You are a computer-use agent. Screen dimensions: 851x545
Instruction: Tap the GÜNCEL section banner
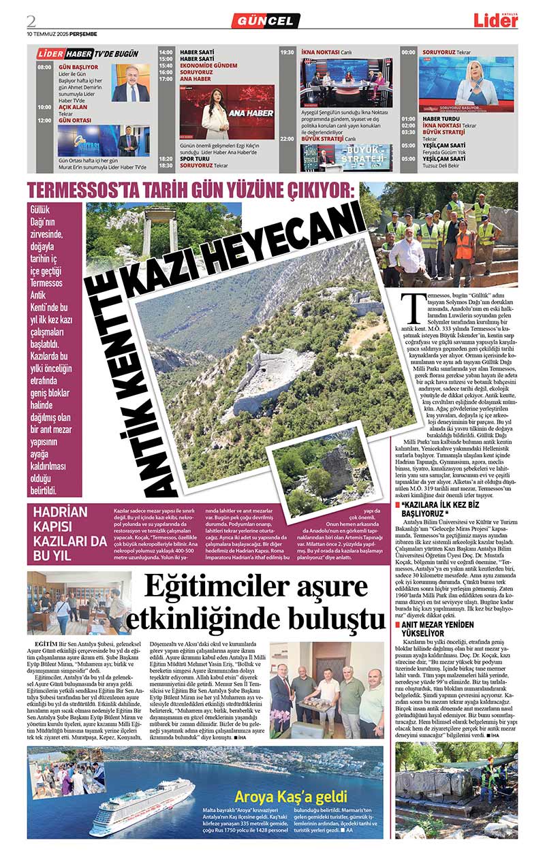click(x=266, y=21)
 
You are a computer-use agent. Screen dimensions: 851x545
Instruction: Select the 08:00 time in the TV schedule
click(x=44, y=67)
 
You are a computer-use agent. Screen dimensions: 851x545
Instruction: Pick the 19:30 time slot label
click(x=287, y=52)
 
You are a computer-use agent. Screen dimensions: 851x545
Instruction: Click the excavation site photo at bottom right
click(x=456, y=790)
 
